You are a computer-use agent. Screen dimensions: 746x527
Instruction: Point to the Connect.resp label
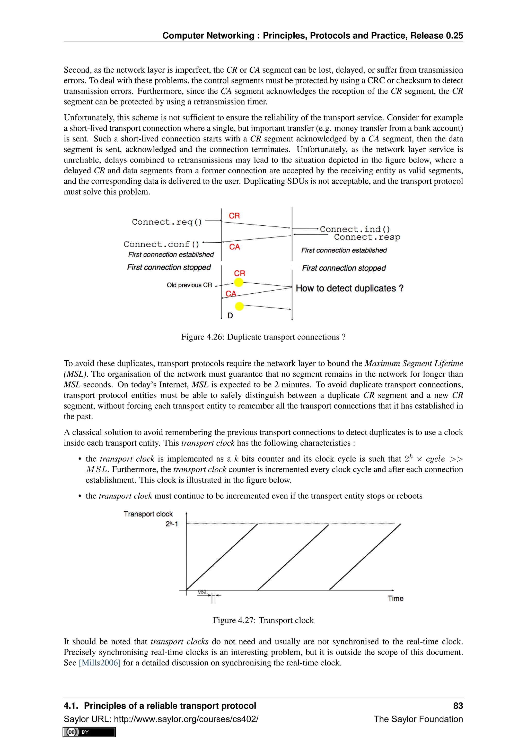tap(367, 237)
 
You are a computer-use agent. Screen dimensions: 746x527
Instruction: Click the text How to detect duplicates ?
tap(349, 288)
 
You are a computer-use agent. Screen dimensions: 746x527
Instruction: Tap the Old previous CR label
tap(189, 285)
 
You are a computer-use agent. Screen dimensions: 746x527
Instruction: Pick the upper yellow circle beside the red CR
tap(239, 282)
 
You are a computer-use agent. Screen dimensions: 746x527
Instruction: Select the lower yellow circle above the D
tap(239, 306)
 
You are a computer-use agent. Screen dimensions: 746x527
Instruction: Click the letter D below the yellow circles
tap(230, 316)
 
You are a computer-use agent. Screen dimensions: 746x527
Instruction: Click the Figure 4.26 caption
tap(263, 337)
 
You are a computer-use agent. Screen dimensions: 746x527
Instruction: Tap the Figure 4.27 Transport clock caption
tap(263, 620)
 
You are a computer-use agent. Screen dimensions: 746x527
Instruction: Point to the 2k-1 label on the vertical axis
tap(172, 524)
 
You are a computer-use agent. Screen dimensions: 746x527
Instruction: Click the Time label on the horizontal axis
tap(395, 598)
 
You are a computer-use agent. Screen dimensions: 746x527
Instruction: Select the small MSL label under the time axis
tap(203, 592)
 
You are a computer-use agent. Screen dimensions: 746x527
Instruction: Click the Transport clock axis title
tap(148, 514)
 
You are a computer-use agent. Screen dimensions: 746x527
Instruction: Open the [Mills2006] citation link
tap(100, 663)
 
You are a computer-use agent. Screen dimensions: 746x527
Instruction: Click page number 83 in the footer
tap(458, 706)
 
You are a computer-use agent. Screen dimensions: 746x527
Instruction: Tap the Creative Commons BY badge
tap(89, 732)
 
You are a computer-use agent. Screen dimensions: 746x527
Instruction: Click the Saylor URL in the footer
tap(161, 719)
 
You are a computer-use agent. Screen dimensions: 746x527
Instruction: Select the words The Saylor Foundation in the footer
tap(418, 719)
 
